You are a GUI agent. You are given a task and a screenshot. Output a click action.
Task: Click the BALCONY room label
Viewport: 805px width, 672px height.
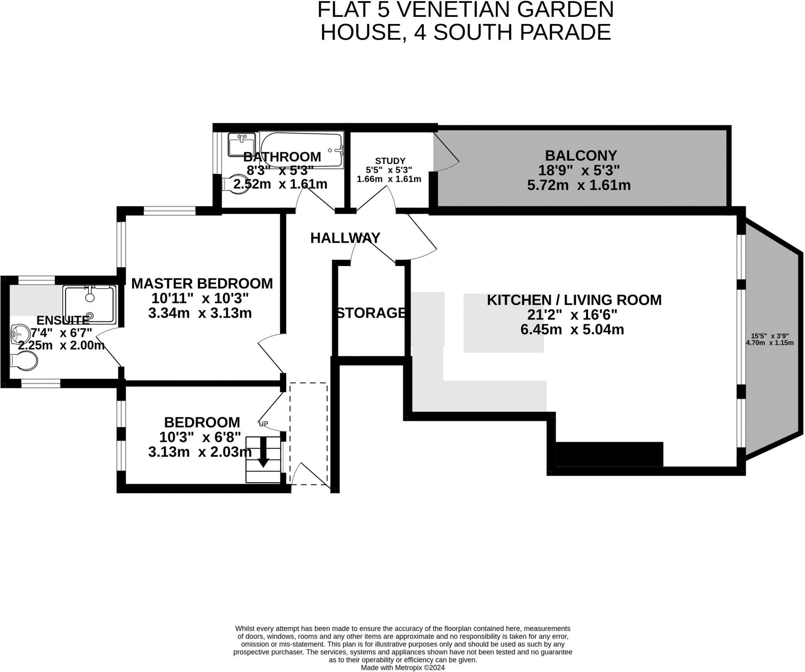point(581,156)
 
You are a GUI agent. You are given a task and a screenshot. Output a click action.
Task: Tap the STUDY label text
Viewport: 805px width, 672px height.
point(390,161)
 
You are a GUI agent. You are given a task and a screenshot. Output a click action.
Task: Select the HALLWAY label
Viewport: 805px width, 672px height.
point(345,238)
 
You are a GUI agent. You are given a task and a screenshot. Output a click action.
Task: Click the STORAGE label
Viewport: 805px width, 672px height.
point(371,313)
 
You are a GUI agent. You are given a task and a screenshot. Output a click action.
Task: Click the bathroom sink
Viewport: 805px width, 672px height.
point(241,144)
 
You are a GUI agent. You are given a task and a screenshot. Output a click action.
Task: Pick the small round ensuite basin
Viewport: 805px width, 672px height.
point(20,334)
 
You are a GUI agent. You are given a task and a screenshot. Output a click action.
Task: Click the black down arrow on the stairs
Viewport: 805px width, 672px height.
point(263,452)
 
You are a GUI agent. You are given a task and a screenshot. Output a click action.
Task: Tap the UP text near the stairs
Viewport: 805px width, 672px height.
point(263,424)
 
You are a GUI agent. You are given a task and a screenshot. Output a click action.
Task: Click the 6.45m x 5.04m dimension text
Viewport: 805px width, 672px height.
point(572,330)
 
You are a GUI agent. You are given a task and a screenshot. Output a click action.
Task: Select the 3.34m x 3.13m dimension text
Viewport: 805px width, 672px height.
point(200,313)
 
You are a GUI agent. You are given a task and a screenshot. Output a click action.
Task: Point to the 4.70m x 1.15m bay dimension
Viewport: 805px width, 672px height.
point(770,342)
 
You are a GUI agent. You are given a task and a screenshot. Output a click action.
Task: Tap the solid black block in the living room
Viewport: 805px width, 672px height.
point(609,454)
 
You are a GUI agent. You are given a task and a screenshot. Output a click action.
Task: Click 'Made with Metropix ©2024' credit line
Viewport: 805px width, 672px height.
point(402,668)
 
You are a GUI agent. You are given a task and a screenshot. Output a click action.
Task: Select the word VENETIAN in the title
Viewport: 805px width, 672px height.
point(452,10)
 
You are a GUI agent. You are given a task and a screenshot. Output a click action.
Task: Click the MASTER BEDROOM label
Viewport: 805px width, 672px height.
point(202,284)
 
